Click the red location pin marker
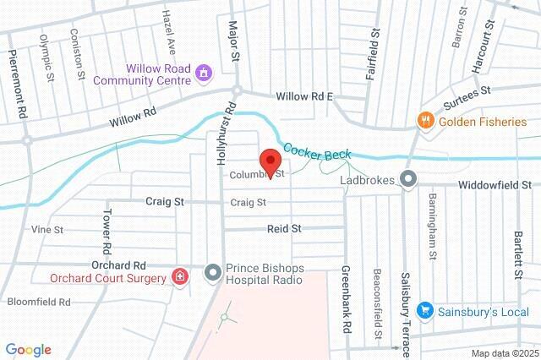[270, 161]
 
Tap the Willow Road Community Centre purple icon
[203, 74]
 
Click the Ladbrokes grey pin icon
[409, 179]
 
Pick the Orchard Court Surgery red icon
[179, 275]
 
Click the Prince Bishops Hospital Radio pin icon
[211, 271]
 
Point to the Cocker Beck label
[318, 152]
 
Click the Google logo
[28, 349]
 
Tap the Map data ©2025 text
[504, 352]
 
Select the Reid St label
[285, 228]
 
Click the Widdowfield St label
[495, 184]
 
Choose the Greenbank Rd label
[347, 292]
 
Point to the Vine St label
[47, 229]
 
